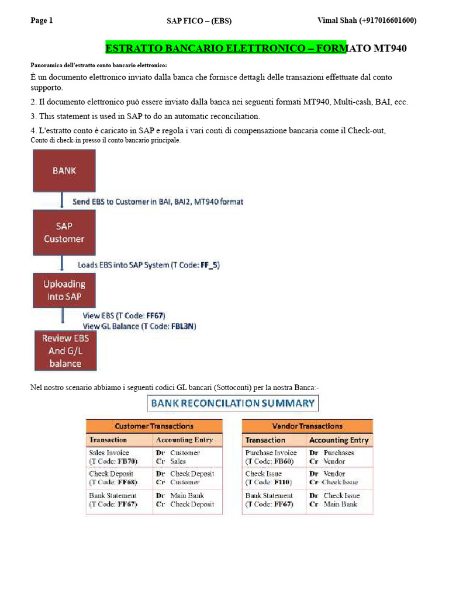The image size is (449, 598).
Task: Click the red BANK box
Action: (64, 171)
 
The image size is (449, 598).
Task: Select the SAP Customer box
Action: (64, 232)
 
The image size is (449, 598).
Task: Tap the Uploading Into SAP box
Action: (64, 290)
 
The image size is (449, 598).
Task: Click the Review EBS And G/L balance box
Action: (65, 351)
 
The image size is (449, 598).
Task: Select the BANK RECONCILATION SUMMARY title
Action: (233, 402)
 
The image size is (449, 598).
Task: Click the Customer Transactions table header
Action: (154, 426)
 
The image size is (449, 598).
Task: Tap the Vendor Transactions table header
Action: (308, 426)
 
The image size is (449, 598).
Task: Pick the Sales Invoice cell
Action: (109, 453)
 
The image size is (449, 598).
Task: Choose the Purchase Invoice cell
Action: (271, 453)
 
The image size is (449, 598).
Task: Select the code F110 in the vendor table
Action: (282, 482)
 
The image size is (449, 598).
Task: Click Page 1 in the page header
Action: (42, 20)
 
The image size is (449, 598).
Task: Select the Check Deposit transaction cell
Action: (111, 474)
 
